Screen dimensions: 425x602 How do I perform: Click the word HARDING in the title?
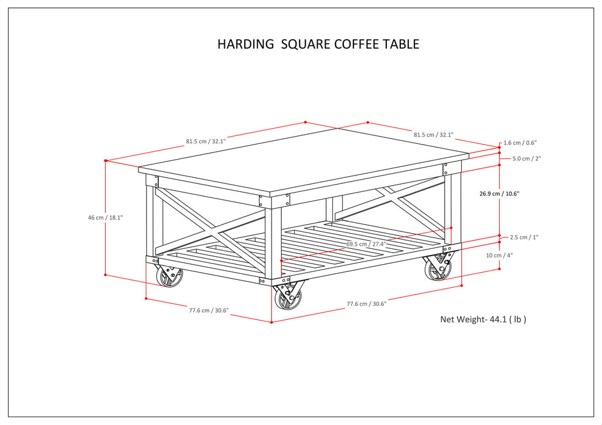click(x=245, y=44)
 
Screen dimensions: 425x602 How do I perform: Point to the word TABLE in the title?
click(x=401, y=44)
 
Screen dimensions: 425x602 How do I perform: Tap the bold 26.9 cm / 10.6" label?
click(x=499, y=194)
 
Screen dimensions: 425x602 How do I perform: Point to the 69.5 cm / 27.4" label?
click(x=366, y=243)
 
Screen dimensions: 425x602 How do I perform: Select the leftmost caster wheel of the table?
click(x=169, y=277)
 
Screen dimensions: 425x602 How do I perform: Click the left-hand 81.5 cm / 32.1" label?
click(x=205, y=141)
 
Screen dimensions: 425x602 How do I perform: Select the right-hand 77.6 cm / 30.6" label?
click(x=366, y=304)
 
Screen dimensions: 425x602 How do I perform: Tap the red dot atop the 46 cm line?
click(x=106, y=160)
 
